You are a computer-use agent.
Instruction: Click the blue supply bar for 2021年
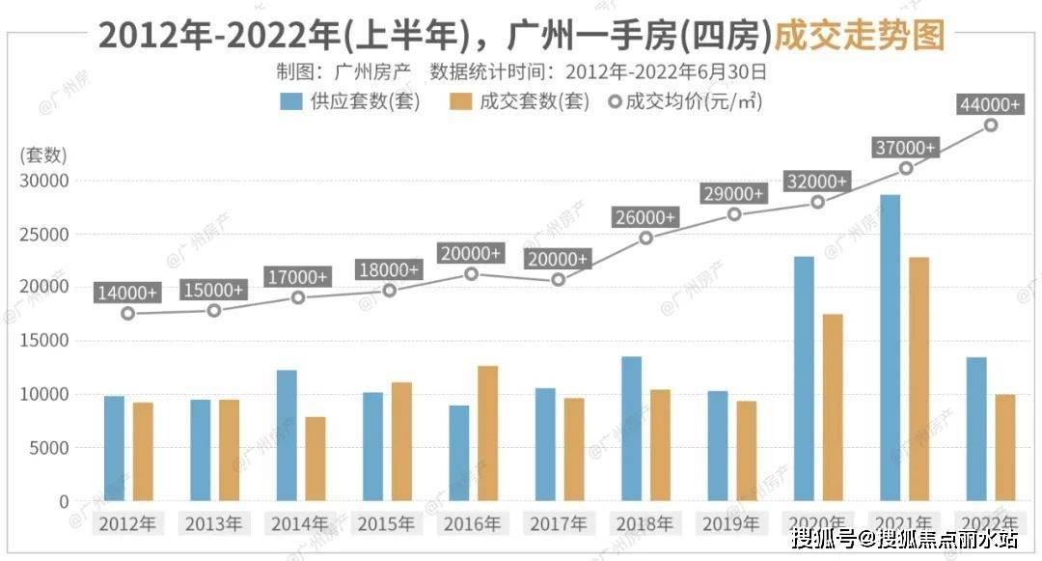[890, 348]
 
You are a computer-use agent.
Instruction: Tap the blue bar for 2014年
[287, 435]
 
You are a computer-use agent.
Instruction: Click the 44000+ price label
[989, 104]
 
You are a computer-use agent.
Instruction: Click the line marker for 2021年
[906, 168]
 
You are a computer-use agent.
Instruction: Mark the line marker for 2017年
[558, 279]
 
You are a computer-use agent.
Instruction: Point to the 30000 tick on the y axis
[44, 181]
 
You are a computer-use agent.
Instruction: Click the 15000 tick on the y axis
[44, 341]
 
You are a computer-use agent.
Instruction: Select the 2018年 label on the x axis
[645, 524]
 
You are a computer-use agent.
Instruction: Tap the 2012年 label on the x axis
[127, 524]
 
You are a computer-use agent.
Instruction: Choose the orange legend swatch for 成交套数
[460, 100]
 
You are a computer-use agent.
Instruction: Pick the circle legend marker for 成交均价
[615, 100]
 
